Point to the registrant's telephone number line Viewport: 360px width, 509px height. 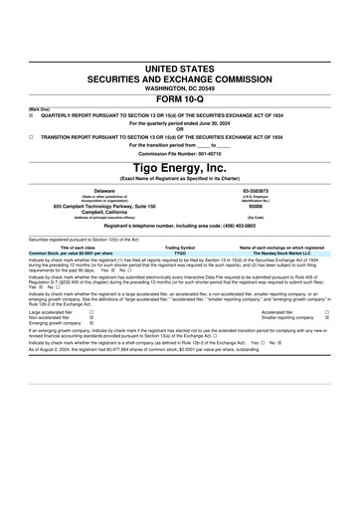(179, 227)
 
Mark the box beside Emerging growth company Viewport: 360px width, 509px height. (91, 323)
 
